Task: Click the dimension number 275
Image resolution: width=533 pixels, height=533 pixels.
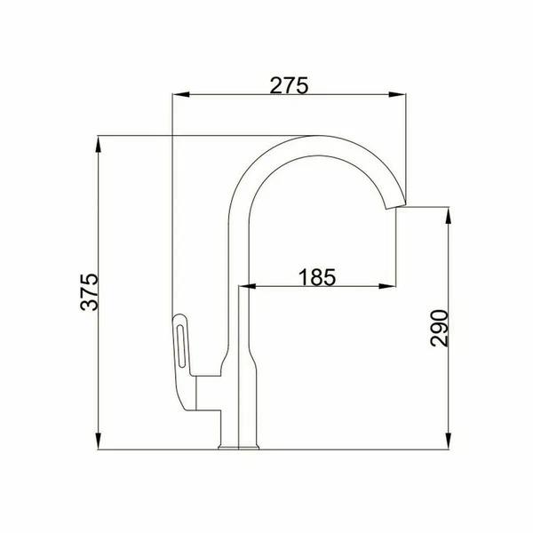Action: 290,85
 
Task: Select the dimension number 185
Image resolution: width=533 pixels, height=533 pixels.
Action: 317,276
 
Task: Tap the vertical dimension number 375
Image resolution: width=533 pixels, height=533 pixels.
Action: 90,292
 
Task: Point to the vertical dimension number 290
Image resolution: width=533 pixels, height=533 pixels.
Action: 439,328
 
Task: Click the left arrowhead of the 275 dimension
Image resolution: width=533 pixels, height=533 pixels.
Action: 181,94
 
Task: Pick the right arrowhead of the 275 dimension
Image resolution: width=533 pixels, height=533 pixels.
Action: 397,94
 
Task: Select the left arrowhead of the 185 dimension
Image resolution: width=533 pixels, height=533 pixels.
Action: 247,287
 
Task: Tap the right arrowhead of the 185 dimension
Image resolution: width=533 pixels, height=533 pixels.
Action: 387,287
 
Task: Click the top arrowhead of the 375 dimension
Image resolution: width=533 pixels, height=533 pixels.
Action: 99,144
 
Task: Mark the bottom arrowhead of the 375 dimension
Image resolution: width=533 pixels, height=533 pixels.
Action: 99,442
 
